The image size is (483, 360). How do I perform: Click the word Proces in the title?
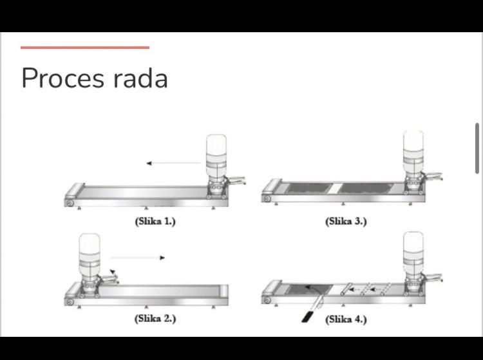[x=63, y=78]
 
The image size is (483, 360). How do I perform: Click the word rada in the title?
[x=140, y=78]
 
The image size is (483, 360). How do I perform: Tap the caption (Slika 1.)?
[x=155, y=222]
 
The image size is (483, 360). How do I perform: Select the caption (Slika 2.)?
[x=155, y=318]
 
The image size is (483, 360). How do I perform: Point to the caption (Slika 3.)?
[x=346, y=222]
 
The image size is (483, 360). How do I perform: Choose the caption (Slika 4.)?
[x=346, y=319]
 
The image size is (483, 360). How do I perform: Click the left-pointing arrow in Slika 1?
[x=173, y=163]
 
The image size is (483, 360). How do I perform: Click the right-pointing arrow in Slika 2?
[x=138, y=258]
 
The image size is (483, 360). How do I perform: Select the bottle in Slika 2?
[x=90, y=256]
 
